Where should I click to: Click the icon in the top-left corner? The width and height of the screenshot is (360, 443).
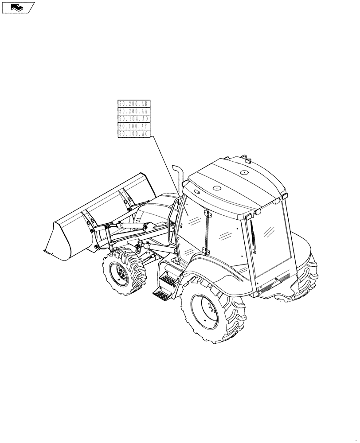(x=18, y=7)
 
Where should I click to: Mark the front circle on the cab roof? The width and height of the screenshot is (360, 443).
(x=217, y=188)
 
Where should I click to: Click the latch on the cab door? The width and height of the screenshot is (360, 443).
(x=205, y=215)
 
